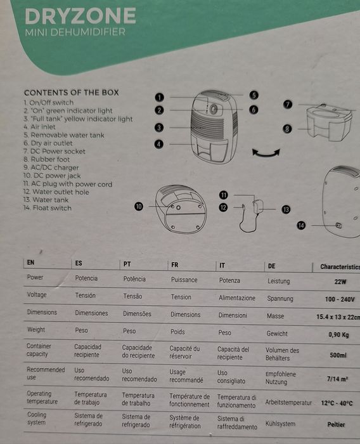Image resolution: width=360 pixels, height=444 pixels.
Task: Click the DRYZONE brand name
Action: (80, 16)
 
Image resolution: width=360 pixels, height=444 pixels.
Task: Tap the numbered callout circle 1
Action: (160, 97)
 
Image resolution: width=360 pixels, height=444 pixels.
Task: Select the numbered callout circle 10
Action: (139, 206)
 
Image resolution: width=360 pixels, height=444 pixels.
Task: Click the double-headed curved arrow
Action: (266, 152)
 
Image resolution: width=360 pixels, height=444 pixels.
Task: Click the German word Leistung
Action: (278, 281)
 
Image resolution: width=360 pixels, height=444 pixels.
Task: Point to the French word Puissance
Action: (184, 280)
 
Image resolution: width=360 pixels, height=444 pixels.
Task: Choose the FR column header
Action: (174, 263)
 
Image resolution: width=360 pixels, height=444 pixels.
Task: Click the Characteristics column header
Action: (340, 267)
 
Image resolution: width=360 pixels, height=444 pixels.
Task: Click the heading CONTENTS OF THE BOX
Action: (71, 92)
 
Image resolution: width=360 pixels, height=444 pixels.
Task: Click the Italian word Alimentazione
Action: (237, 297)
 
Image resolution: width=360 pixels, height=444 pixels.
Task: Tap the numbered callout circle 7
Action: (287, 105)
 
